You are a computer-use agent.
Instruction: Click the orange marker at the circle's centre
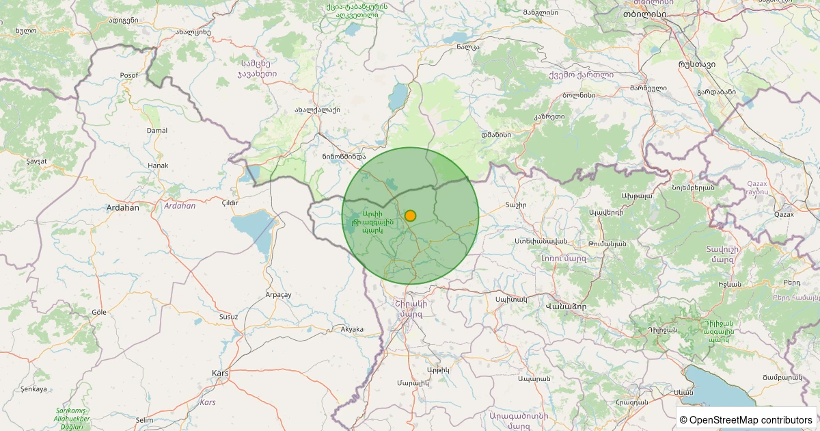coord(410,215)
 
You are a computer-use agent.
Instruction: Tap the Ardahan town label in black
coord(122,207)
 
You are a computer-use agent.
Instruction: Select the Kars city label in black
coord(220,373)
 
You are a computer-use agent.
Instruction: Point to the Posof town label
coord(128,75)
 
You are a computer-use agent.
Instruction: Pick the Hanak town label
coord(158,166)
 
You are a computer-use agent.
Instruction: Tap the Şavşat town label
coord(36,161)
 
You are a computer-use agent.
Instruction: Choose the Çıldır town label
coord(230,203)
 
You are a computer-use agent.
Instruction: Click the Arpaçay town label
coord(278,294)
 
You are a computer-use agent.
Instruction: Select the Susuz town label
coord(228,317)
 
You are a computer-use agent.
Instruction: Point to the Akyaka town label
coord(352,329)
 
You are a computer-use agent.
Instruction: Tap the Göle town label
coord(100,311)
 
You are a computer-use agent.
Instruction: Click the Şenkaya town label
coord(34,389)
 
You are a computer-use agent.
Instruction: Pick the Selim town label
coord(145,419)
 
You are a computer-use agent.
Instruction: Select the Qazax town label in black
coord(784,214)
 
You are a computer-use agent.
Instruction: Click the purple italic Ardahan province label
coord(180,205)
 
